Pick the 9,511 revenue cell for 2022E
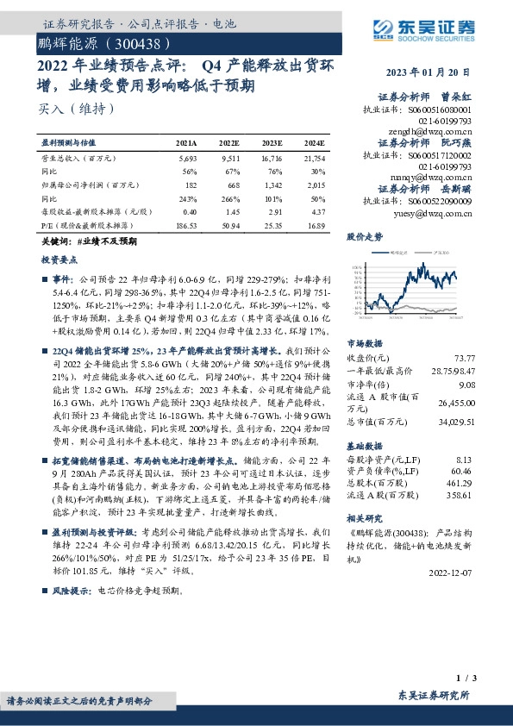pos(229,159)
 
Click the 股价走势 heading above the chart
pos(365,235)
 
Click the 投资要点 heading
pos(59,259)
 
